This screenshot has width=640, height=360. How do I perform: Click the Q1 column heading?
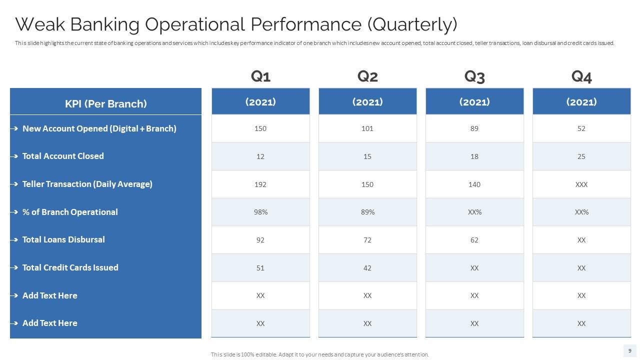coord(260,76)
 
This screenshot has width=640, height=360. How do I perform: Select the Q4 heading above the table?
coord(581,76)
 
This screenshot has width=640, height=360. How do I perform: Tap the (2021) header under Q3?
coord(474,102)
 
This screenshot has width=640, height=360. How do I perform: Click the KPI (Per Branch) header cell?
coord(105,103)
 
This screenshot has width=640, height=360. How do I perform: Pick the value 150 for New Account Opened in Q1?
coord(260,128)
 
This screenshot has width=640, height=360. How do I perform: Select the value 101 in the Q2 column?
coord(367,128)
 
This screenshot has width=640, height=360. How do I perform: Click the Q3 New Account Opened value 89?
coord(474,128)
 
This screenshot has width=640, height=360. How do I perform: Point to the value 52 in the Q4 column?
coord(581,128)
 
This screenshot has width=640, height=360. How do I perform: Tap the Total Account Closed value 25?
coord(581,156)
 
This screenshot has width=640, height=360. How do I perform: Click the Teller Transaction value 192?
coord(260,184)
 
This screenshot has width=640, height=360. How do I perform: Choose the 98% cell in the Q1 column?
coord(260,212)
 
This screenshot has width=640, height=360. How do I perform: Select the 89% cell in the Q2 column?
coord(367,212)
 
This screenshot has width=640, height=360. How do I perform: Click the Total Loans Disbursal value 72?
coord(367,240)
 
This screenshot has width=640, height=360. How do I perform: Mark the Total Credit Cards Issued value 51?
coord(260,268)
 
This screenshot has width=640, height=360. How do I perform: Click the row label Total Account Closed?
coord(63,156)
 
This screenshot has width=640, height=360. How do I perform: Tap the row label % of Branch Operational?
coord(70,212)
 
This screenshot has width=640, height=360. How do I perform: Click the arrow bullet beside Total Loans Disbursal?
coord(14,240)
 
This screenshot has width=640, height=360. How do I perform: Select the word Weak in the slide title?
coord(41,24)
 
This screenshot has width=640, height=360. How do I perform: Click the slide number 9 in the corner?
coord(629,350)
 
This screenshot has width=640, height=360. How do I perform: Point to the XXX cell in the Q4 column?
coord(581,184)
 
